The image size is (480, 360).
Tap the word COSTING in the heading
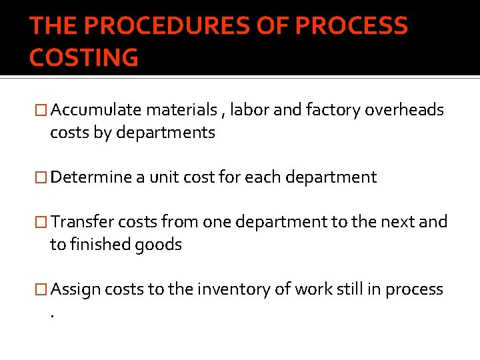point(84,58)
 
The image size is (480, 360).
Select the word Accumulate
point(97,110)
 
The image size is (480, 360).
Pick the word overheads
point(404,110)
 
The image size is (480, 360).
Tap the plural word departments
point(165,133)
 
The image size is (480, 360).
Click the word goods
point(158,245)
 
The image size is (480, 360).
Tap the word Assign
point(75,289)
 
